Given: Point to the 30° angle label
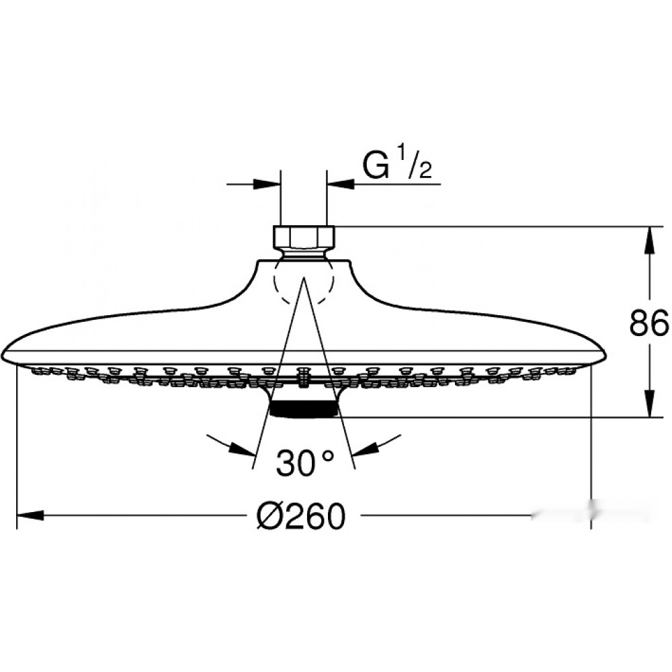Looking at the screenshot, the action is tap(304, 462).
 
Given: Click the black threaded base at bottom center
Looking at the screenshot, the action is tap(304, 409).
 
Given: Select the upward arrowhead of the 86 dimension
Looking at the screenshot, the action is tap(650, 241).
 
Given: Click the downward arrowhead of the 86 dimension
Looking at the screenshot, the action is tap(650, 403).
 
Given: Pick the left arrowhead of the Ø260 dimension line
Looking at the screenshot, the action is tap(30, 515).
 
